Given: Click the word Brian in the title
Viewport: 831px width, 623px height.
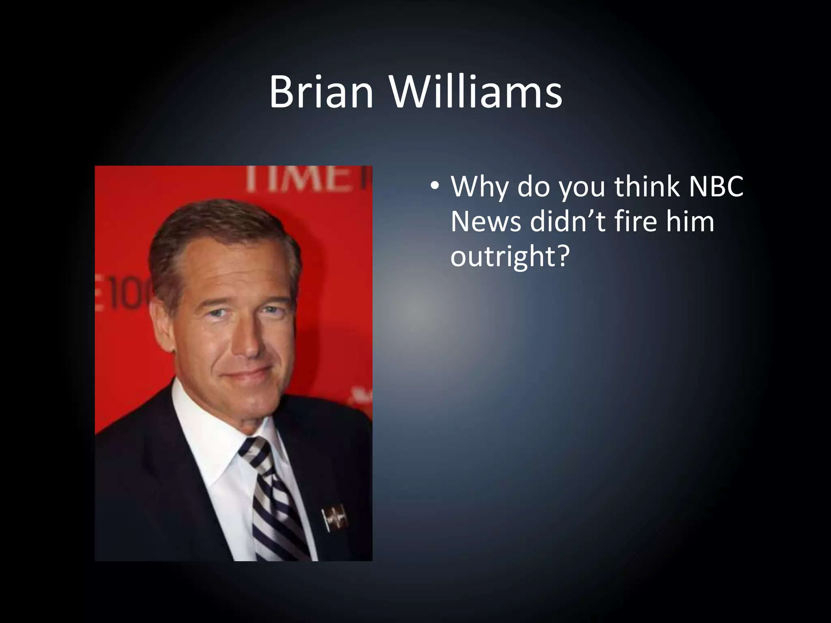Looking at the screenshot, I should click(x=321, y=92).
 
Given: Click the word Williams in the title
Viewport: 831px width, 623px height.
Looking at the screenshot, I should click(x=476, y=92).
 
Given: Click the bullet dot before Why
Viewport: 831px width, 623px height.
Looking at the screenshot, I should click(x=435, y=186).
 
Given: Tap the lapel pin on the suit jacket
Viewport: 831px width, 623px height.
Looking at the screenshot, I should click(x=335, y=518).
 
